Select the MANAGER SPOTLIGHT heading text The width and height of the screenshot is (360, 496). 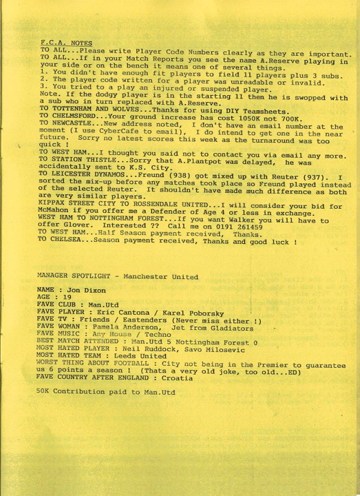(x=118, y=276)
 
